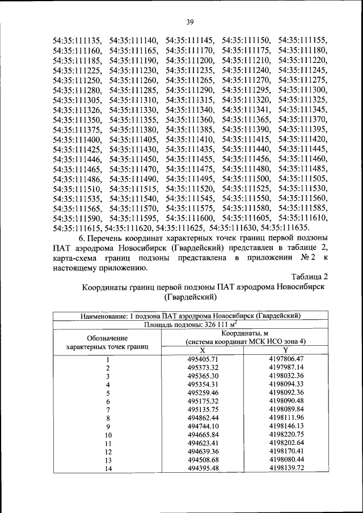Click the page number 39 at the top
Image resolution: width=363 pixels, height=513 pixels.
189,22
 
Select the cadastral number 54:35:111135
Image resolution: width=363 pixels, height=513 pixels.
77,41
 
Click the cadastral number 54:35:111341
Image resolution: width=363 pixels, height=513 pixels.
246,109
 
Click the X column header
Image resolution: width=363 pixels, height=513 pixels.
202,350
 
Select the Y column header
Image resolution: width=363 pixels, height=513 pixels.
286,350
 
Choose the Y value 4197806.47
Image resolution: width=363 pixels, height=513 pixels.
286,359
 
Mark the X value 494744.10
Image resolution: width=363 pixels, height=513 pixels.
202,426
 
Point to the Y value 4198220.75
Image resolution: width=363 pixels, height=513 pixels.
286,434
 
